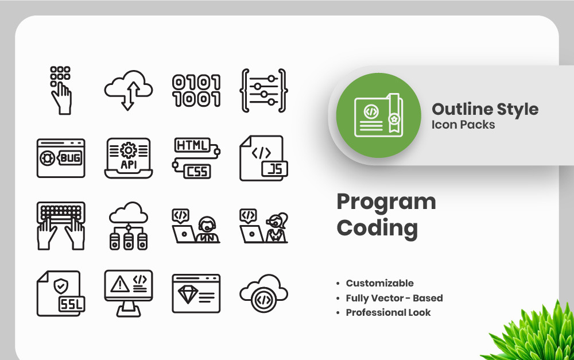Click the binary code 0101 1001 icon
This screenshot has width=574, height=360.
[196, 91]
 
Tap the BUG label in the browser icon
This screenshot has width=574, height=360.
[69, 158]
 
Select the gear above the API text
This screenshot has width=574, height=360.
[129, 150]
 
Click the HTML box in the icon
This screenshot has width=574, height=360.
[192, 145]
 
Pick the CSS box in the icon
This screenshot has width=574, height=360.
[197, 172]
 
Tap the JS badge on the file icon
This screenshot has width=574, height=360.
[274, 169]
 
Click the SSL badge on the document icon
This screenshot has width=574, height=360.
[72, 304]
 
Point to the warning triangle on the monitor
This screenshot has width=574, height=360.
[120, 284]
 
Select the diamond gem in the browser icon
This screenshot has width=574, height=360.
[188, 294]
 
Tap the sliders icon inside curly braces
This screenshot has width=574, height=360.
[263, 90]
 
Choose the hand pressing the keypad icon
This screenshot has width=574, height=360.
[61, 91]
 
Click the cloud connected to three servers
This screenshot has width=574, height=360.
[129, 226]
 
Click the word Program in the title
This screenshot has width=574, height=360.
[386, 202]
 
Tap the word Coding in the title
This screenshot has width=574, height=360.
[377, 229]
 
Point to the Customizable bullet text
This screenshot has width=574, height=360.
[379, 283]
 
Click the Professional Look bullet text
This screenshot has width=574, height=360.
[388, 312]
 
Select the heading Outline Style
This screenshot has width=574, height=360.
[485, 110]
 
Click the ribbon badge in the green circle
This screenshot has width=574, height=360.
[394, 113]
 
